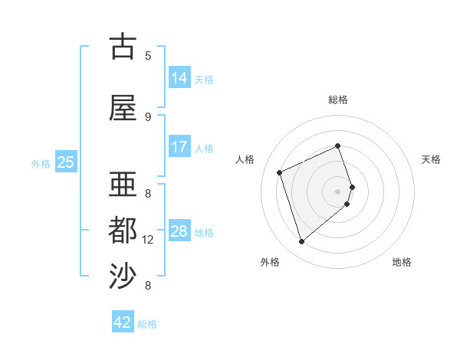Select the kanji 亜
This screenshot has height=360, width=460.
123,185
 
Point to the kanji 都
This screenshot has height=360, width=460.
123,231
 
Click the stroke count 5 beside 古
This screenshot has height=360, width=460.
148,55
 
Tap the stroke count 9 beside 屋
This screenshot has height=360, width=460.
148,116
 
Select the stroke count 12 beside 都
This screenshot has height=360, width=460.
149,240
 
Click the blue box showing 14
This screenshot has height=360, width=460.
179,77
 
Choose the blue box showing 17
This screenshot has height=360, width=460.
179,147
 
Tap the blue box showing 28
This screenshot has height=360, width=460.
179,231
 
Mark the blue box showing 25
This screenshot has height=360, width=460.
66,162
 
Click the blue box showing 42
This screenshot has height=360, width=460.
123,322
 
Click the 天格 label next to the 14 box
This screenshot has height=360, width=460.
204,79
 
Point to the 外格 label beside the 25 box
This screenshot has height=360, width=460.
41,163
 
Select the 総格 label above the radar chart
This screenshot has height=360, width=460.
338,100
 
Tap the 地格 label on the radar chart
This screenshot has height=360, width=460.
402,262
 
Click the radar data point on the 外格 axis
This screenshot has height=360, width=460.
302,242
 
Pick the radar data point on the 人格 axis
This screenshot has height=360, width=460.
281,172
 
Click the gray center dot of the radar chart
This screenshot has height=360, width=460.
338,191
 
